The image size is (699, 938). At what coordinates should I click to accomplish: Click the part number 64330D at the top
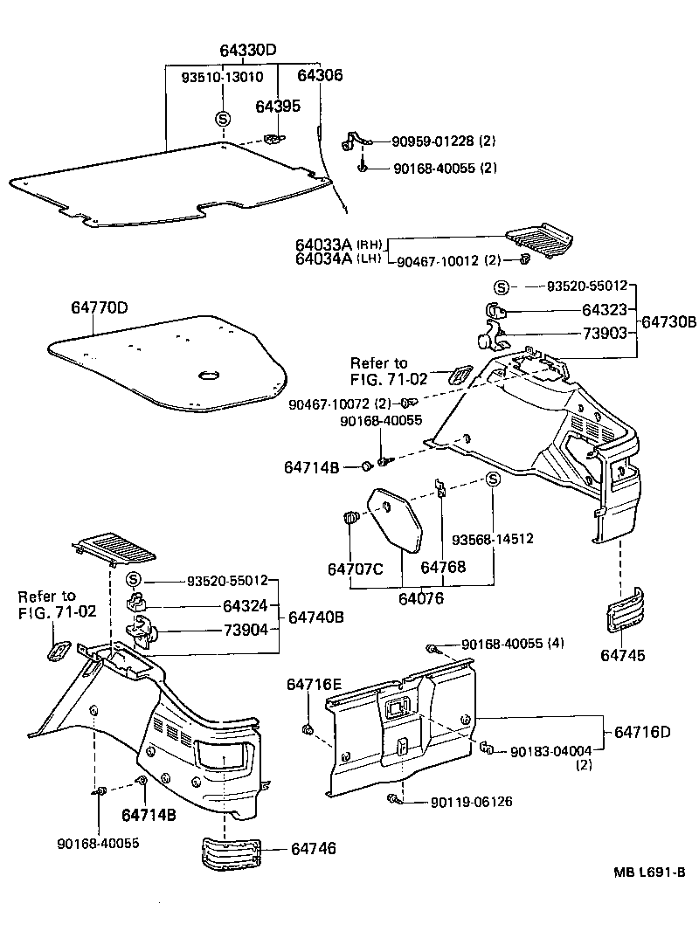247,50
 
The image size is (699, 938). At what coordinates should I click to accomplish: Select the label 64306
320,76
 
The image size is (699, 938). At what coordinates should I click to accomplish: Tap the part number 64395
278,106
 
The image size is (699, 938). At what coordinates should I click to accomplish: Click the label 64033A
323,245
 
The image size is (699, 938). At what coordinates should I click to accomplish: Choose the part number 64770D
100,307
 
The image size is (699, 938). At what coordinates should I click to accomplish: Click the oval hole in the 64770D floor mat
210,376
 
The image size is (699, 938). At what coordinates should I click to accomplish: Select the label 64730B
669,322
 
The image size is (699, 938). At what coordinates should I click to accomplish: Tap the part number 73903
605,334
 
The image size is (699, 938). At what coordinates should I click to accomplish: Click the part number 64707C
356,569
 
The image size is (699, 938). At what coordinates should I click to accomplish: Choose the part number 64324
245,605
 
